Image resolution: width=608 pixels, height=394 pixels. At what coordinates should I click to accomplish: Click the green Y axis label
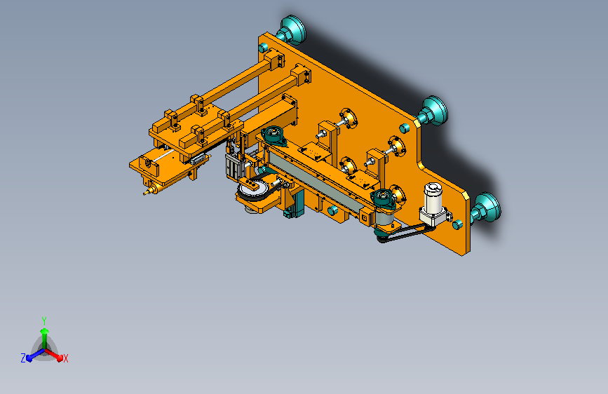44,320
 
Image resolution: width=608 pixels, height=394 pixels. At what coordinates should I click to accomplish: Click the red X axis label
65,358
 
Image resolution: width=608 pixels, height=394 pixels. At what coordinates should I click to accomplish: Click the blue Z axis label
23,358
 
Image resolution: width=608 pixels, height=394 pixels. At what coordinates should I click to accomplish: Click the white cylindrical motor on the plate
433,198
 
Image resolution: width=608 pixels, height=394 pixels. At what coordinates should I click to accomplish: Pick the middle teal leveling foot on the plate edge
433,111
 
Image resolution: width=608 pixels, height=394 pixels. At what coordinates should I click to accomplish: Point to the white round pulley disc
251,189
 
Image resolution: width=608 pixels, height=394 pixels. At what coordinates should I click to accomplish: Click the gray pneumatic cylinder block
234,166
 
